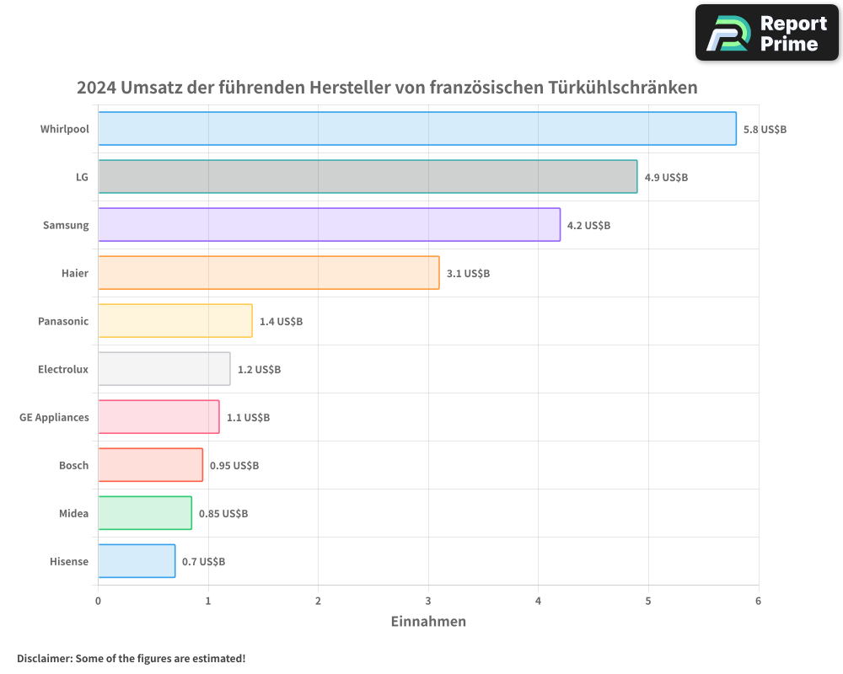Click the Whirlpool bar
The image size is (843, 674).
[x=417, y=129]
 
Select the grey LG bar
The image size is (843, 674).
[x=368, y=177]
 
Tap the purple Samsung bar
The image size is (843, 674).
[x=329, y=225]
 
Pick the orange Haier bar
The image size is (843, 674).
[x=268, y=273]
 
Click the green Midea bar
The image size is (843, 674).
[x=145, y=513]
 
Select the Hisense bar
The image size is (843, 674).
[x=137, y=561]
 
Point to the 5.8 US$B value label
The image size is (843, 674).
[x=765, y=130]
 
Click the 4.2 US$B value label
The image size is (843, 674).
[x=588, y=226]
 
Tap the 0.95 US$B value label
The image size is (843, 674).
[x=234, y=466]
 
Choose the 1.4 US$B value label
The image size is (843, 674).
[x=281, y=322]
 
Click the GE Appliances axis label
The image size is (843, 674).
[x=54, y=418]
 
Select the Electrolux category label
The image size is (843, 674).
[x=63, y=370]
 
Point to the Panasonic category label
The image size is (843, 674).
[x=63, y=322]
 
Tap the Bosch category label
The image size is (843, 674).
[x=73, y=466]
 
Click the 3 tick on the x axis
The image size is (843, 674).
[x=428, y=601]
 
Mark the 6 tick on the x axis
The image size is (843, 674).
[x=758, y=601]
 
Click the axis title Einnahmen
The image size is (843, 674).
[x=428, y=622]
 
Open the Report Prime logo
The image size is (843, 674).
[x=766, y=33]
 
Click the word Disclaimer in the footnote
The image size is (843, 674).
[x=44, y=658]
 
